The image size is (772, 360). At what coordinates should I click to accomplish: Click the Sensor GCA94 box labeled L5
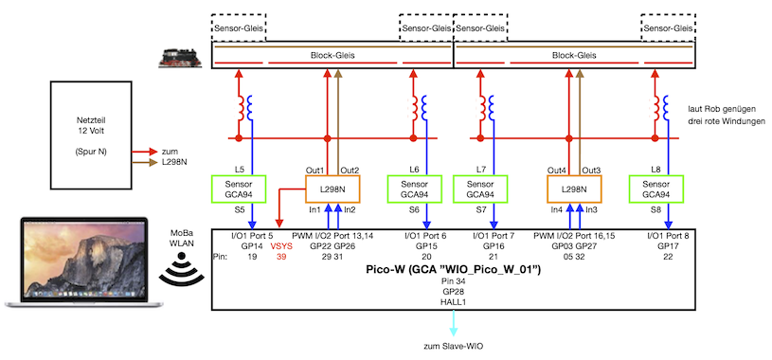(241, 189)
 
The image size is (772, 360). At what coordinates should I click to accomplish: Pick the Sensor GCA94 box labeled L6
(418, 189)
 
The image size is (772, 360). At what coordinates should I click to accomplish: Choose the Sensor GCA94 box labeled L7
(480, 189)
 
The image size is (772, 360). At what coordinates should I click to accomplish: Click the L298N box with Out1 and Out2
(332, 189)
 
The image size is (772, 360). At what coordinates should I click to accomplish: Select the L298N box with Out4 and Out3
(573, 189)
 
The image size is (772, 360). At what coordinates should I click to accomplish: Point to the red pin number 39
(280, 257)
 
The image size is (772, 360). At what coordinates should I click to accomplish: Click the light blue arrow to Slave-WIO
(453, 324)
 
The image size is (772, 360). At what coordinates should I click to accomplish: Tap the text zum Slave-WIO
(453, 347)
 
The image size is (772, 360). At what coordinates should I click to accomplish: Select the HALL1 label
(453, 302)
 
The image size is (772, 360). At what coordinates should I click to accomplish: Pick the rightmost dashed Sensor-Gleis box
(669, 28)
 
